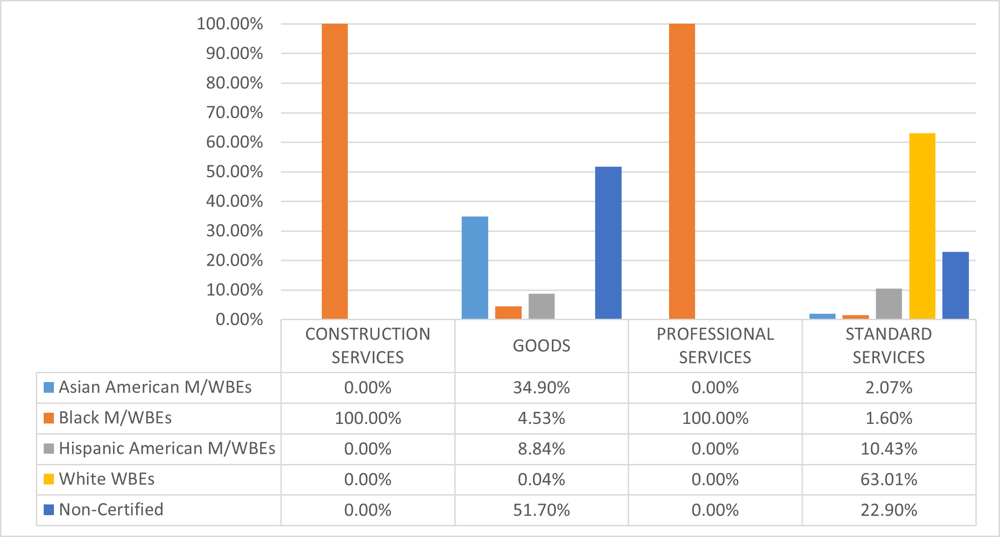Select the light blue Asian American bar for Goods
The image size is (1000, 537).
475,268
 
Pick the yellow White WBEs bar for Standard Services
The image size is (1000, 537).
922,226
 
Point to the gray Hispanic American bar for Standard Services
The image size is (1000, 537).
888,304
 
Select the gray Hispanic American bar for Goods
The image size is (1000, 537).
542,306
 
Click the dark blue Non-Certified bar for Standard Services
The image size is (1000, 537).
955,285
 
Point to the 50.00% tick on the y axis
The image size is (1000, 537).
234,172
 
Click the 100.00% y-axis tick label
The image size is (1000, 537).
230,24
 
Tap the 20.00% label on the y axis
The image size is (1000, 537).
234,261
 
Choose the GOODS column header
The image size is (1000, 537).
541,346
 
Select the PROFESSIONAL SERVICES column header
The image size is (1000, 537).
715,346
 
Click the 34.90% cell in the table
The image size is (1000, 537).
541,388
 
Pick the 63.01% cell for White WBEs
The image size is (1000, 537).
888,479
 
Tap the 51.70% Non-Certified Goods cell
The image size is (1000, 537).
541,510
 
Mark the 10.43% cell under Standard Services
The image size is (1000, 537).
888,449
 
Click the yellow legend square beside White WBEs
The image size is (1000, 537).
49,479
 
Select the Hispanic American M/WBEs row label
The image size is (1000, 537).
167,449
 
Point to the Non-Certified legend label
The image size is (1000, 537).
111,510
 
